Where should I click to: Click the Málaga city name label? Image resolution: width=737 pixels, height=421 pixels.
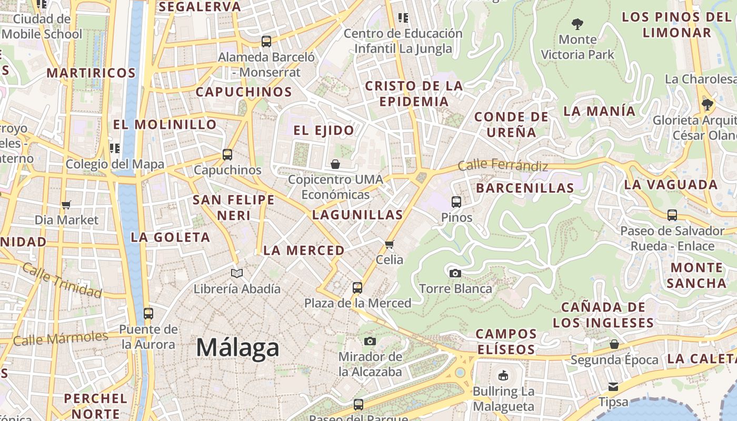pos(237,348)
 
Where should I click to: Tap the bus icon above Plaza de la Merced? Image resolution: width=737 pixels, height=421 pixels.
pos(357,287)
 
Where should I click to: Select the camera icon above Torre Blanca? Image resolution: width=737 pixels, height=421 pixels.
pos(455,273)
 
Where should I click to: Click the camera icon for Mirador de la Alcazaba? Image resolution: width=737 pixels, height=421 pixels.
pos(370,341)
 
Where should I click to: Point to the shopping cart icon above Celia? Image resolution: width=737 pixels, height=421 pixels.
pos(390,244)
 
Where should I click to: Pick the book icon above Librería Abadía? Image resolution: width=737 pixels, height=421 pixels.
pos(237,273)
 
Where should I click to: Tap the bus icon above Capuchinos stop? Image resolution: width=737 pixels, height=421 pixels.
pos(227,155)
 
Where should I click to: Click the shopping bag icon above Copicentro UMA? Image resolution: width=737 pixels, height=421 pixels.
pos(335,164)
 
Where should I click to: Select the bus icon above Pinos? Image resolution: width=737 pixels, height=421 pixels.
pos(456,202)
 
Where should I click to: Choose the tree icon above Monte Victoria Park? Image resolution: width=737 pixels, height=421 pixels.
pos(577,24)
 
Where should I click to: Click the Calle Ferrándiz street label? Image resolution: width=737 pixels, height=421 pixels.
pos(503,165)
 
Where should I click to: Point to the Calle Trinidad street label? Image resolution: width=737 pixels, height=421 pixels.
pos(62,280)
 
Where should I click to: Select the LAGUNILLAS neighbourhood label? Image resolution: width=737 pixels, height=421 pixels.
pos(357,215)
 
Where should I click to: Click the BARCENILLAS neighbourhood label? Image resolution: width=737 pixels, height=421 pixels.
pos(525,188)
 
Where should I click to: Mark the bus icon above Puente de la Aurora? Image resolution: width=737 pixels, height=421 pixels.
pos(148,314)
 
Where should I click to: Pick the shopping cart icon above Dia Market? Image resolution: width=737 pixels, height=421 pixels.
pos(66,204)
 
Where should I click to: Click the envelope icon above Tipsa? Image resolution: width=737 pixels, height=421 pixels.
pos(613,387)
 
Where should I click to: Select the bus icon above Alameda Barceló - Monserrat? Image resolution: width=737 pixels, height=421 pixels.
pos(266,41)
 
